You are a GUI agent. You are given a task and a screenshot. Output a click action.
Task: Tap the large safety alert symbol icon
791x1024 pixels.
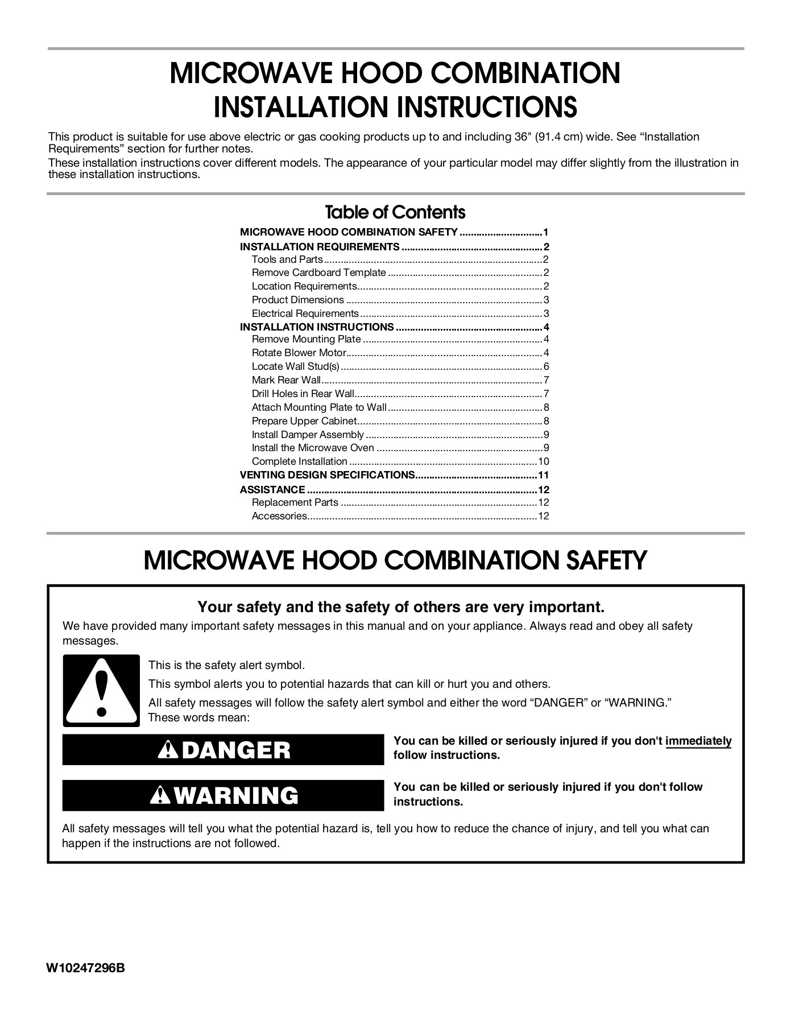101,691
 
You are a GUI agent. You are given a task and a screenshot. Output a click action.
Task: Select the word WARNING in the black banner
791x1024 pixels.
235,795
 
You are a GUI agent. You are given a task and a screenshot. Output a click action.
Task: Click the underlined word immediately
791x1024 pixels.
698,741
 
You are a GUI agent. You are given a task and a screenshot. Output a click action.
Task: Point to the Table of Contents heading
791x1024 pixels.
395,212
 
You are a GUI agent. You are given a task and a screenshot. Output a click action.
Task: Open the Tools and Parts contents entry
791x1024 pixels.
287,259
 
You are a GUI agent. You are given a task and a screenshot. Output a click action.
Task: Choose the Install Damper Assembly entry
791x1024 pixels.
308,435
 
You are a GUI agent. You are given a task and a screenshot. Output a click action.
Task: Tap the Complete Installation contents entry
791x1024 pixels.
299,461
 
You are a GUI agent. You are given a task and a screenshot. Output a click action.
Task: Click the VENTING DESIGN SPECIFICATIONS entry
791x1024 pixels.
327,475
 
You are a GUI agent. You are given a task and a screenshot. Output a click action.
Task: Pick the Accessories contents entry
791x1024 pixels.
279,516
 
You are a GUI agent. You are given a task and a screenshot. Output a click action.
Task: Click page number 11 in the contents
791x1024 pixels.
544,475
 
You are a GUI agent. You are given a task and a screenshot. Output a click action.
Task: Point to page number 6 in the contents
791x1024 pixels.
546,366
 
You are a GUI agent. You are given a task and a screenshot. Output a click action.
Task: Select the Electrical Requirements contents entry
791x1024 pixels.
305,313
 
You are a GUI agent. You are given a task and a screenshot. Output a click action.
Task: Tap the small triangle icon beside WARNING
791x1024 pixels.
161,796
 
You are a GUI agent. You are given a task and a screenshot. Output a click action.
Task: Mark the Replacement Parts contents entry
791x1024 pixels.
295,502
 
